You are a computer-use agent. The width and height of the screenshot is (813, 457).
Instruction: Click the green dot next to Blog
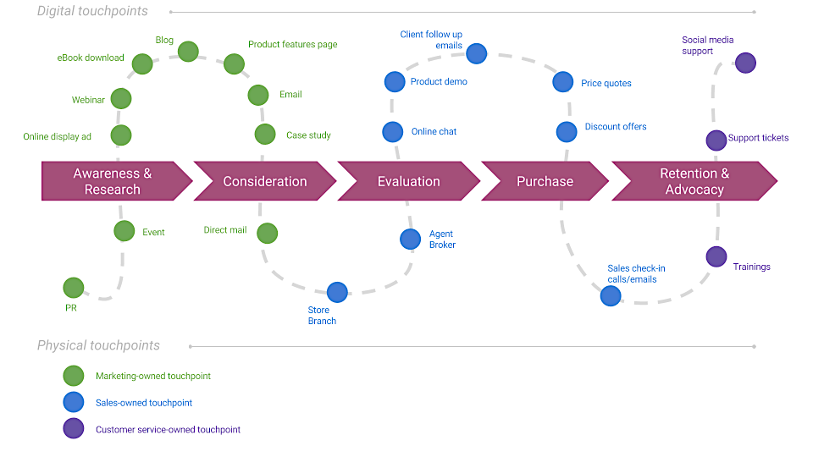188,52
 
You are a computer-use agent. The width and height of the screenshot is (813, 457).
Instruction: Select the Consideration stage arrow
264,181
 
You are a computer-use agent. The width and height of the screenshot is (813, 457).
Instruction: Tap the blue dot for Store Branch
337,293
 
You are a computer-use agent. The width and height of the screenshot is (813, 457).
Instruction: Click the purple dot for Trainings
716,256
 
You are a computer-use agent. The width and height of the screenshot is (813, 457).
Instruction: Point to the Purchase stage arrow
545,181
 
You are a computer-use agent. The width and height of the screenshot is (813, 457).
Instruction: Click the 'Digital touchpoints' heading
92,12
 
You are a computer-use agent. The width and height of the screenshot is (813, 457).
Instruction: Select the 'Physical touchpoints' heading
98,345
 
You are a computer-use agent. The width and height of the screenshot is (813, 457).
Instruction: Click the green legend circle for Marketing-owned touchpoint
74,376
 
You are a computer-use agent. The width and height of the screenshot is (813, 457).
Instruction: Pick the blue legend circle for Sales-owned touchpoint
74,403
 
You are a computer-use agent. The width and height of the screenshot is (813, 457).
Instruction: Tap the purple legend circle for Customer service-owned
74,429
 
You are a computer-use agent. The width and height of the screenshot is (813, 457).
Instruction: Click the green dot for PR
74,288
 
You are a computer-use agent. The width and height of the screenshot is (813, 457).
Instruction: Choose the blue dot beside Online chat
393,132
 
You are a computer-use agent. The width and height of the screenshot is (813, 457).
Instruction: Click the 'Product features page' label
292,45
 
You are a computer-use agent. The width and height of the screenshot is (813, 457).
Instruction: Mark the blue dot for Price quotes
563,82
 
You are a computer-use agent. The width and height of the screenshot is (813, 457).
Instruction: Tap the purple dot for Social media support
745,63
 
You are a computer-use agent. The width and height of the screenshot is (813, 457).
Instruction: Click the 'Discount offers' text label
615,127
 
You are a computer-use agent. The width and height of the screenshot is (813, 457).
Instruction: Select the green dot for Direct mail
268,233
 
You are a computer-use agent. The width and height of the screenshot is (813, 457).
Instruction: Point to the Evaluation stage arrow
408,181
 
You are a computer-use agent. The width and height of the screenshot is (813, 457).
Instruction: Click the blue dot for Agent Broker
410,239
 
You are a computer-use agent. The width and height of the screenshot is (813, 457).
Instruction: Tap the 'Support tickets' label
758,138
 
